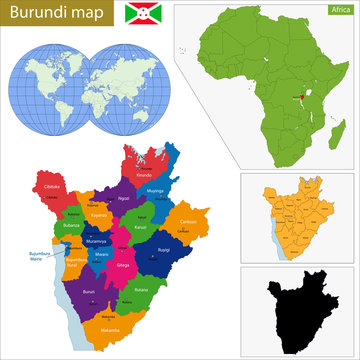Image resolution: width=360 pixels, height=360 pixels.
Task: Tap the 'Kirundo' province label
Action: (x=144, y=175)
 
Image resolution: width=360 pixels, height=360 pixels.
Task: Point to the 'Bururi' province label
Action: (x=89, y=290)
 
